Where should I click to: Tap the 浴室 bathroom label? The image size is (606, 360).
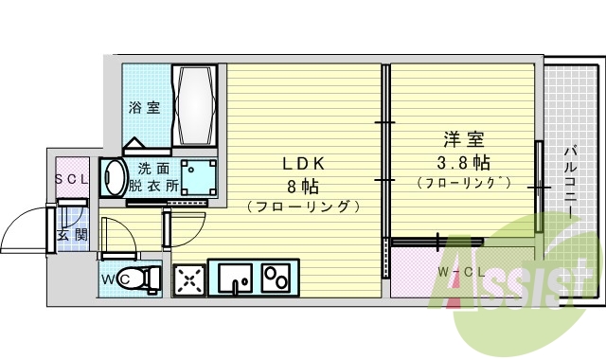coord(144,107)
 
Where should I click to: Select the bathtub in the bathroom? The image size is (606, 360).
coord(197,105)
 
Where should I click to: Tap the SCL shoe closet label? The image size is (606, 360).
coord(70,179)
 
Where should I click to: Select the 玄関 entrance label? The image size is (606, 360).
coord(72,233)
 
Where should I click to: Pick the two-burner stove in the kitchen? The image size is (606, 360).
coord(276,279)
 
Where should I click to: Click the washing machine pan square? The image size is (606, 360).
coord(197,176)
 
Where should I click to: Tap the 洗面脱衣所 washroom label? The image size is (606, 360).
coord(151,177)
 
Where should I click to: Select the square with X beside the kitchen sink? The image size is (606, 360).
coord(189,279)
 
